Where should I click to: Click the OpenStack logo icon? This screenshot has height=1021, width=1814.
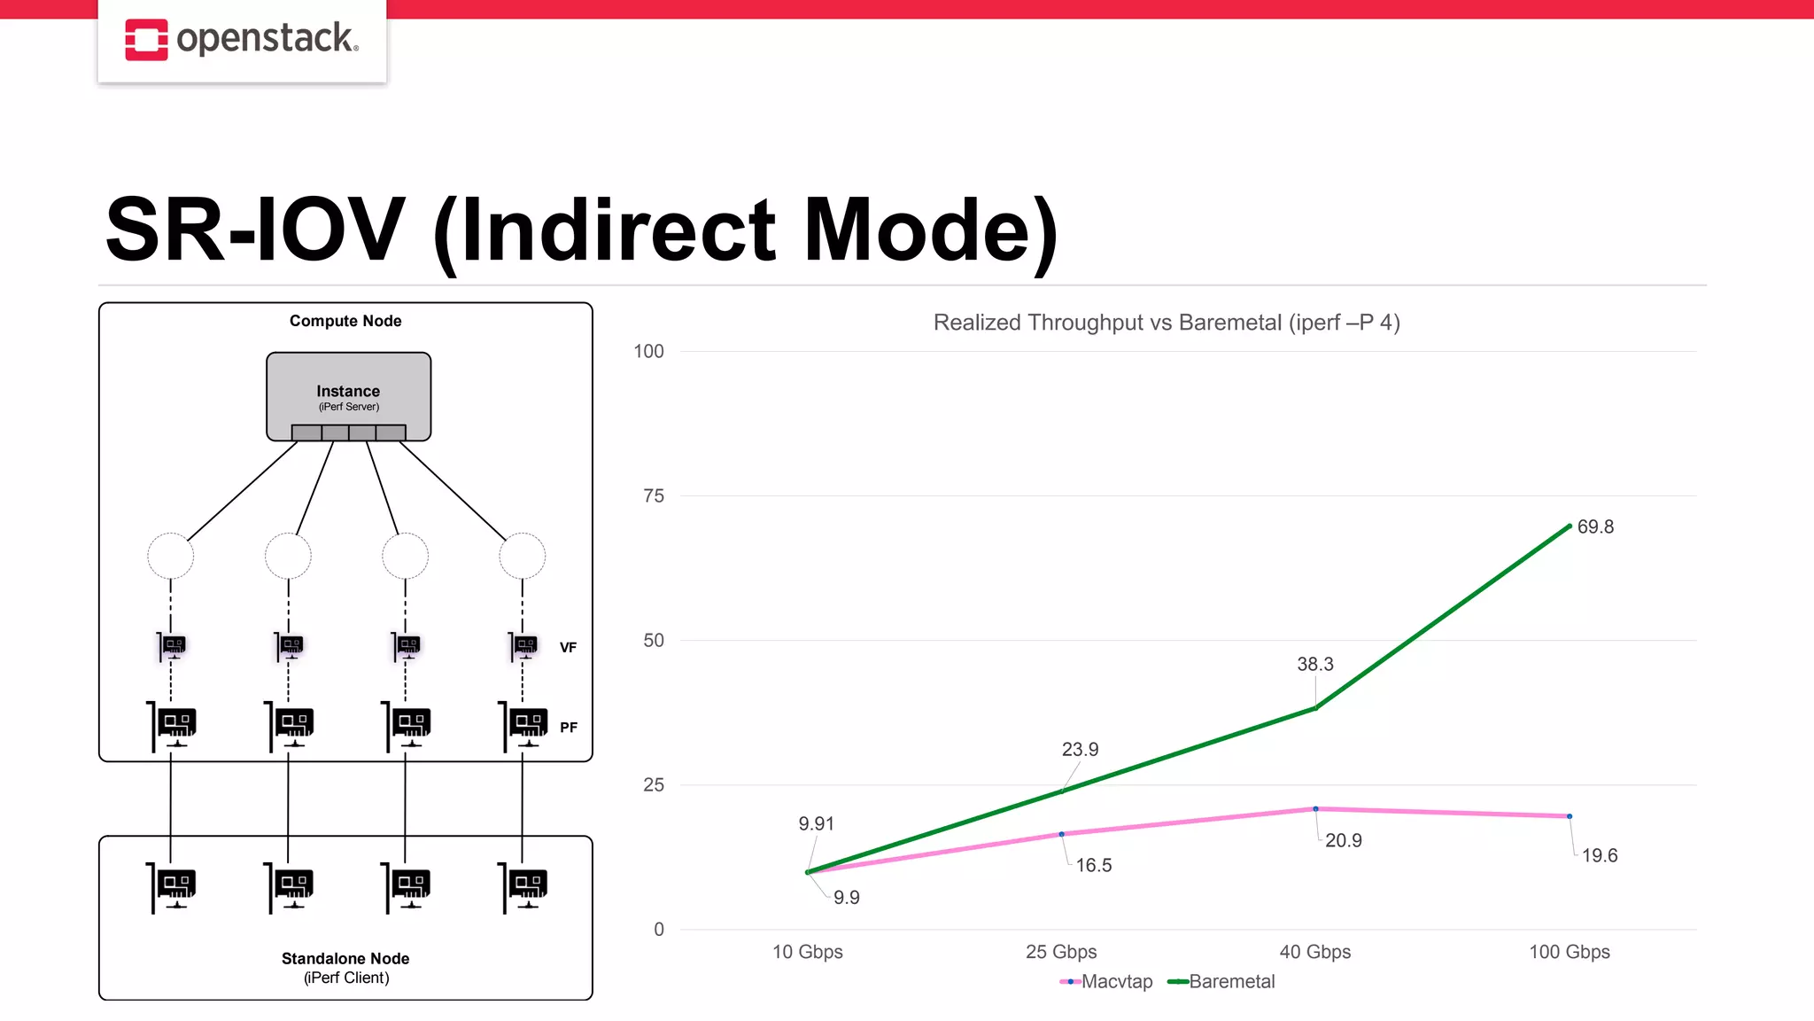146,40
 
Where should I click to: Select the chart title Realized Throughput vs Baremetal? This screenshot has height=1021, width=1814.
1166,323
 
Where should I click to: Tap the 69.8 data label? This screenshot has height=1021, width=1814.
1594,527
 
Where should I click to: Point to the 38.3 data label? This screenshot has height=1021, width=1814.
1314,664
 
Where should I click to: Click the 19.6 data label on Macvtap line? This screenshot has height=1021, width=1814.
1599,855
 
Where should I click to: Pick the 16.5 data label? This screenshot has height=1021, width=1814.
1093,865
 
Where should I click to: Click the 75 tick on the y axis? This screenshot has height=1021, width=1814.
654,496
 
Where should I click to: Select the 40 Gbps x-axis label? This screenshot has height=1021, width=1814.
1314,952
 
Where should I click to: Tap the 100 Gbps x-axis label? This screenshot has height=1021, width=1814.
1569,952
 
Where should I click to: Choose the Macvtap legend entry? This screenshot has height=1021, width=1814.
1107,981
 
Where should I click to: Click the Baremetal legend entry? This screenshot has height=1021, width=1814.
1222,981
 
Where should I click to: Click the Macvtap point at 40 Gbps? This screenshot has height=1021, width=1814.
1315,809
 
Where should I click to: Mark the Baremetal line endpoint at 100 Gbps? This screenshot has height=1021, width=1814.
1569,526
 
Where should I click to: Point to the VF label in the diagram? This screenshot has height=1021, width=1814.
568,648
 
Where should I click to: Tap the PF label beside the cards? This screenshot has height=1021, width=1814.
568,728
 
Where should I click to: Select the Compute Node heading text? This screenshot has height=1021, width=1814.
345,321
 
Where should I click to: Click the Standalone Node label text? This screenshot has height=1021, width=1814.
345,959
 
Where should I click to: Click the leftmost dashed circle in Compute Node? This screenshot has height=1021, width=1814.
170,557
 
